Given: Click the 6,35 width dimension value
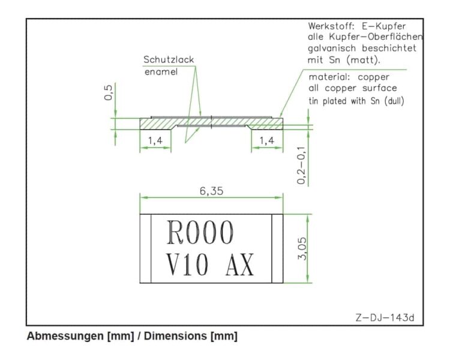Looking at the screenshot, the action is click(211, 191).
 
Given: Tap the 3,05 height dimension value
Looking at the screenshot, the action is click(302, 248).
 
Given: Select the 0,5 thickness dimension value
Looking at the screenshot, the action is click(109, 92).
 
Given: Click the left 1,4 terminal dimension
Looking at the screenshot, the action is click(155, 140).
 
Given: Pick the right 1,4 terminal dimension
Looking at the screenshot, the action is click(267, 140).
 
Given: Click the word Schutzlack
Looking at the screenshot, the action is click(169, 60).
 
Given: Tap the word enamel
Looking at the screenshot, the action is click(161, 72).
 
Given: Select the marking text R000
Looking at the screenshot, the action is click(200, 232).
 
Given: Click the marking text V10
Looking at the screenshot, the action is click(187, 265).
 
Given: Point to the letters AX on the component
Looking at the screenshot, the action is click(240, 265).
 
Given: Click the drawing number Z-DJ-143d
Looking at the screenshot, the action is click(385, 317).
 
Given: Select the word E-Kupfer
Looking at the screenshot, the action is click(384, 26).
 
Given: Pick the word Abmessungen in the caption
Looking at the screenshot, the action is click(66, 336).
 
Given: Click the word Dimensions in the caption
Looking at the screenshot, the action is click(175, 336).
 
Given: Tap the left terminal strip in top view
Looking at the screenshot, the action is click(146, 248).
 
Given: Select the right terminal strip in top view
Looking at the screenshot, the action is click(277, 248).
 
